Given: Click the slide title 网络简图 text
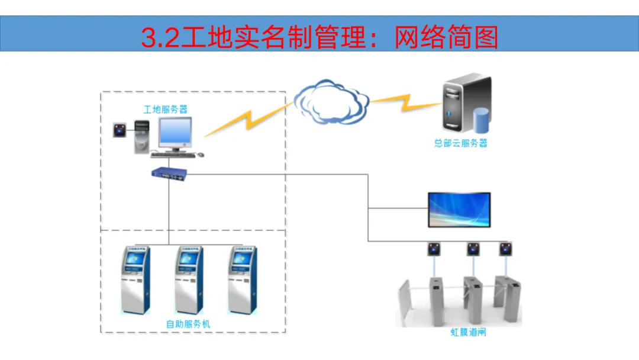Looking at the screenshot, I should (x=446, y=37).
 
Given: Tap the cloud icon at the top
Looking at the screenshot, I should (x=331, y=102).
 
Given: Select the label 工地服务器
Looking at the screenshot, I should (x=166, y=110).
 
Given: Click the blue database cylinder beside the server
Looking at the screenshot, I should (x=482, y=120).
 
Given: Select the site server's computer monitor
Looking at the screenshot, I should (x=175, y=133).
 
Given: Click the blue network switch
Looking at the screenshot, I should (x=169, y=173).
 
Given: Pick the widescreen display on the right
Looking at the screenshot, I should (x=459, y=209).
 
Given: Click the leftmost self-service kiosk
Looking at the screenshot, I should (x=134, y=279).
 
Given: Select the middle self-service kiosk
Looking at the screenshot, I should (x=189, y=279).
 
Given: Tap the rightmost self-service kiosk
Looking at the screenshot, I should (x=244, y=279).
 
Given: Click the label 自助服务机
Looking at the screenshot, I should (x=188, y=324).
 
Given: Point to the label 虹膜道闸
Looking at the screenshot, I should (x=468, y=333).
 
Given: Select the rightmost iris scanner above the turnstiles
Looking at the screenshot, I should (x=506, y=249).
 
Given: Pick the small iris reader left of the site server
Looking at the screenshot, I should (x=121, y=130).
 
